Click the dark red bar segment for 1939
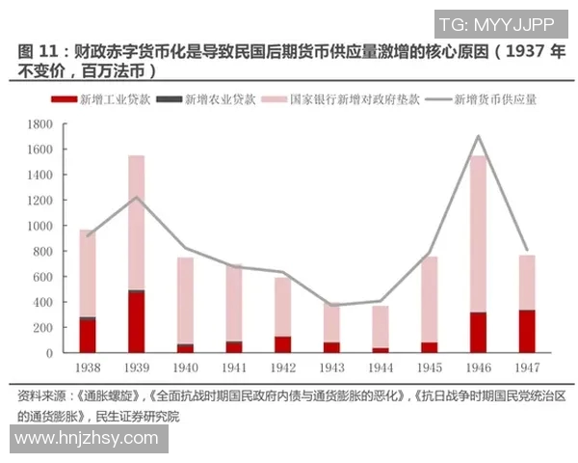pyautogui.click(x=136, y=321)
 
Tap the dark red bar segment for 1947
pyautogui.click(x=527, y=331)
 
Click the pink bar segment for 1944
pyautogui.click(x=381, y=327)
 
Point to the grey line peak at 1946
pyautogui.click(x=479, y=136)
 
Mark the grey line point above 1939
pyautogui.click(x=136, y=198)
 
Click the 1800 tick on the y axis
pyautogui.click(x=39, y=124)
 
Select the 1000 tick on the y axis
pyautogui.click(x=39, y=226)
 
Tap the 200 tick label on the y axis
pyautogui.click(x=42, y=328)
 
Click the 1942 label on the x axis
pyautogui.click(x=282, y=368)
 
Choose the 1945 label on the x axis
pyautogui.click(x=429, y=368)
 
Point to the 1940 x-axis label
pyautogui.click(x=185, y=368)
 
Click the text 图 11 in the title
pyautogui.click(x=37, y=51)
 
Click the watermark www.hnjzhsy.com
pyautogui.click(x=87, y=438)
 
